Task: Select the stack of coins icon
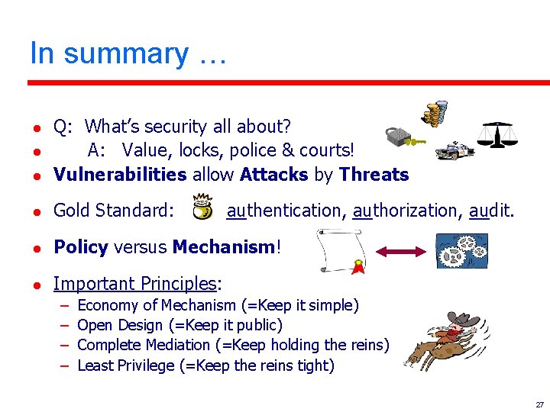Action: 435,114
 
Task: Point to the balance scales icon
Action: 497,135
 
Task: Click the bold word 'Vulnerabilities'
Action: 120,175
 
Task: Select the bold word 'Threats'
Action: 374,175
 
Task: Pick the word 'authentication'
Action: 285,210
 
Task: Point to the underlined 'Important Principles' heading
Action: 135,284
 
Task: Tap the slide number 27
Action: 539,404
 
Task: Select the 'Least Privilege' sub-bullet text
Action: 205,365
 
